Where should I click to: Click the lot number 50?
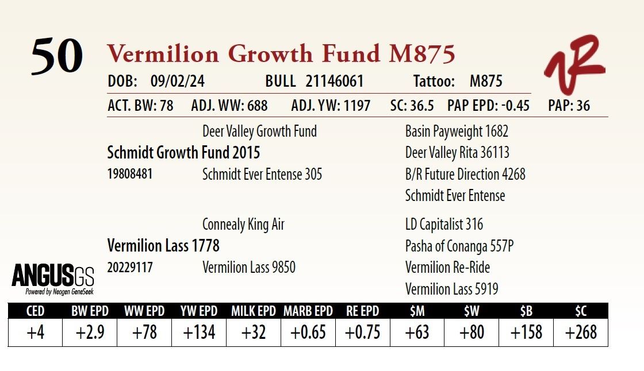pos(57,56)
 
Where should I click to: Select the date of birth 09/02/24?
pos(177,82)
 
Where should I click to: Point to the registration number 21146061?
pos(335,82)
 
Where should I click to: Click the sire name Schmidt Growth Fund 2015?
pos(183,153)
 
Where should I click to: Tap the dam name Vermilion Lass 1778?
pos(163,246)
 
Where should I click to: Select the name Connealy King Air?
pos(243,225)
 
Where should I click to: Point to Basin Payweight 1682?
pos(457,132)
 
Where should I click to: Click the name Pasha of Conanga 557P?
pos(459,246)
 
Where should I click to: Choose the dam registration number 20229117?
pos(130,268)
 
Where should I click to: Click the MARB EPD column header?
pos(308,311)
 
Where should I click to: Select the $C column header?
pos(581,311)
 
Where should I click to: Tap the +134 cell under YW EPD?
pos(199,333)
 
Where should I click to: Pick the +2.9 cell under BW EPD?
pos(90,333)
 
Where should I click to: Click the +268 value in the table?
pos(581,333)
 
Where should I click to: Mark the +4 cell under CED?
pos(35,333)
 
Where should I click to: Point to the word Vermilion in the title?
pos(163,54)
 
